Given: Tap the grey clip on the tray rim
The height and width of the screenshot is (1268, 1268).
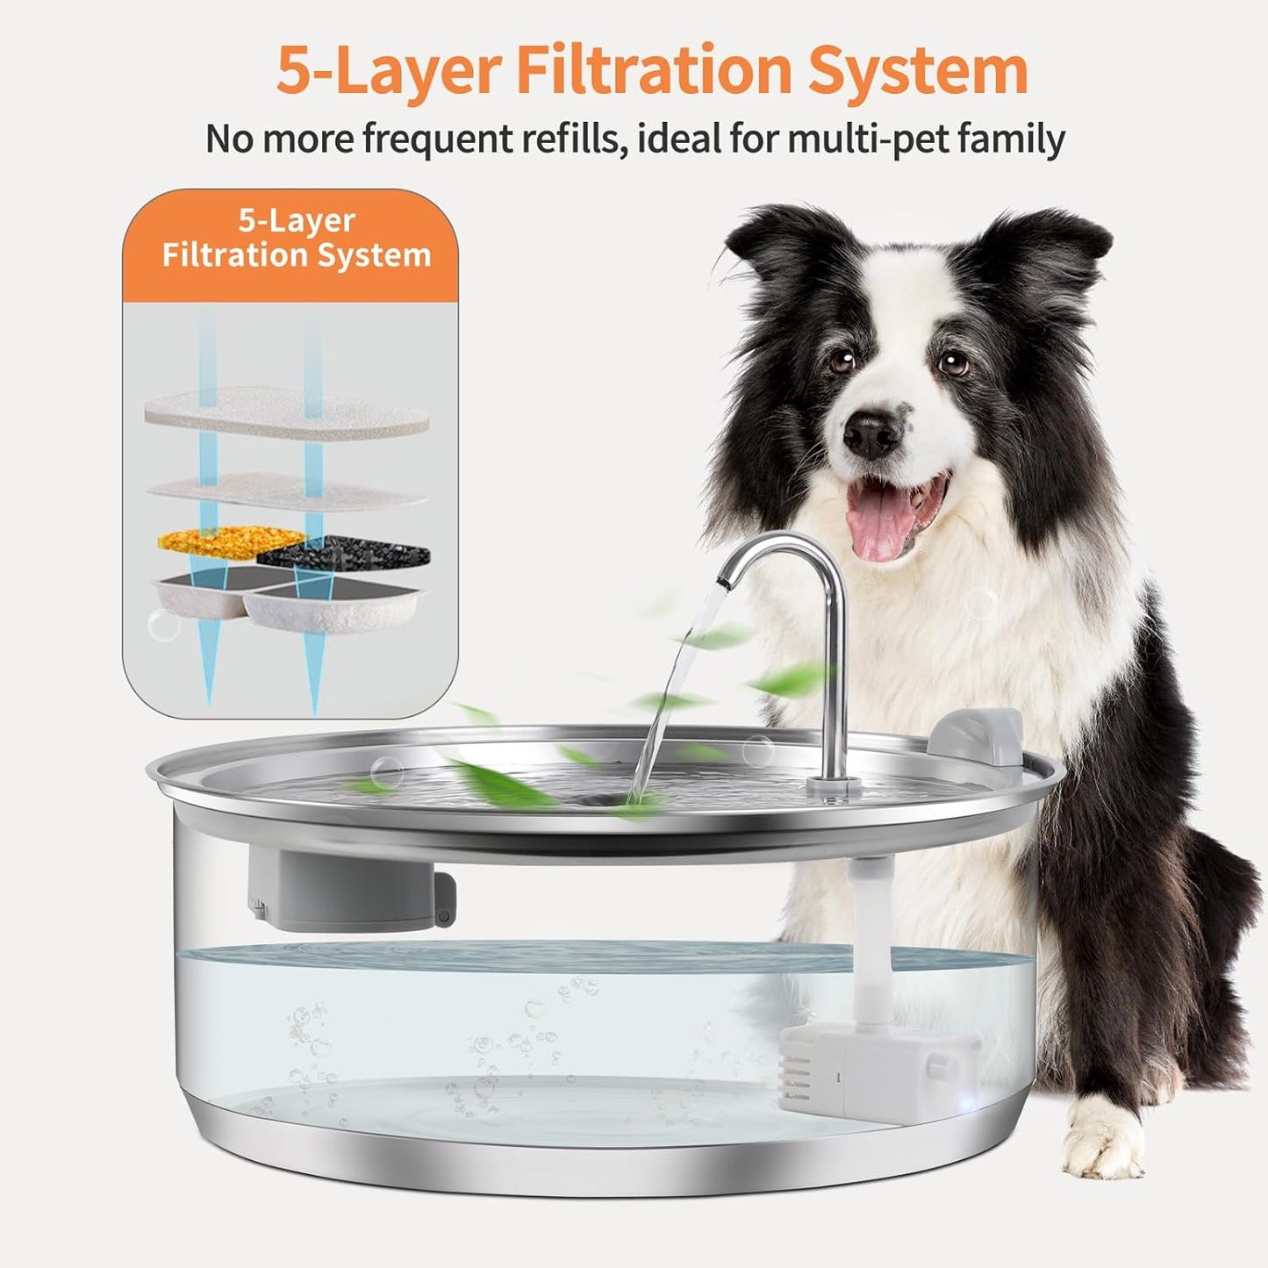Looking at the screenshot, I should [x=977, y=737].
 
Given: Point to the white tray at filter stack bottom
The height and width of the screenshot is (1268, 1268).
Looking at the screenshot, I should [x=290, y=605].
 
